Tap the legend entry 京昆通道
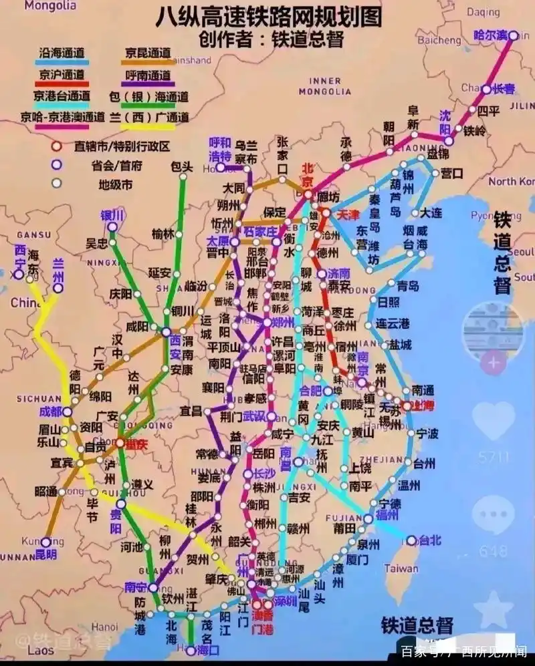(148, 51)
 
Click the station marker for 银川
(112, 227)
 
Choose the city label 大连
(431, 212)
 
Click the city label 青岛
(407, 285)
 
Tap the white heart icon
(494, 419)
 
